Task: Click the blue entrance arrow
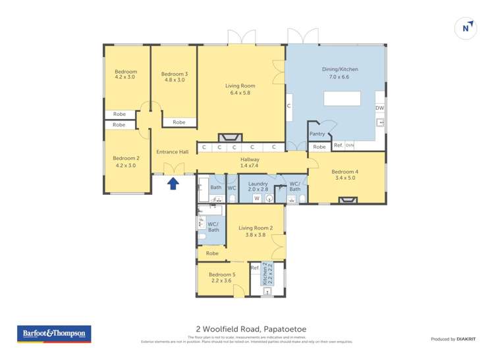[173, 183]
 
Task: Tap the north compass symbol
[466, 28]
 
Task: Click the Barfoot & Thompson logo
[54, 334]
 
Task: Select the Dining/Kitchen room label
[339, 69]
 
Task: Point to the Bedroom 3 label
[175, 74]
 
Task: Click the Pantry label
[317, 134]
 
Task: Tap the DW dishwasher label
[379, 108]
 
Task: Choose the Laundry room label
[258, 184]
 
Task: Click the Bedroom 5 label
[222, 274]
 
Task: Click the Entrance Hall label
[173, 152]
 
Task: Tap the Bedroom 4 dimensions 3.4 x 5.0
[344, 178]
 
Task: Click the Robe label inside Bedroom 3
[178, 122]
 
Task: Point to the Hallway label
[250, 159]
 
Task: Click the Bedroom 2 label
[126, 158]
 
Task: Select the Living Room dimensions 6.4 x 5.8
[240, 93]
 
